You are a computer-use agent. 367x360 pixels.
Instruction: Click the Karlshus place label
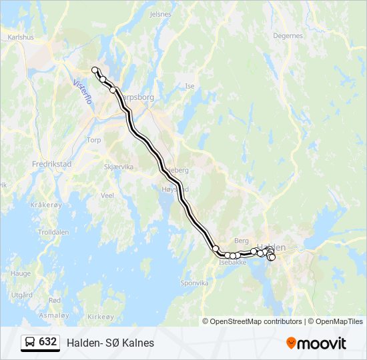(x=21, y=37)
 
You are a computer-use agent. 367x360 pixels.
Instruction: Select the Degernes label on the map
(x=288, y=36)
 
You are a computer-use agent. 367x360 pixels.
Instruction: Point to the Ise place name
(x=190, y=86)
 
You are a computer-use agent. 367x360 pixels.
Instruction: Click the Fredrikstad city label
(x=51, y=163)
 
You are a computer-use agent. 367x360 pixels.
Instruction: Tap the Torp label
(x=93, y=140)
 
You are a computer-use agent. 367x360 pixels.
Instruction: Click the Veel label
(x=107, y=195)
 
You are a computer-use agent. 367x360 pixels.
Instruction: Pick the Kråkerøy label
(x=45, y=205)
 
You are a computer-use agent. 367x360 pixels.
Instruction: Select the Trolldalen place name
(x=54, y=233)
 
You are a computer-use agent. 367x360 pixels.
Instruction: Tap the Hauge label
(x=21, y=273)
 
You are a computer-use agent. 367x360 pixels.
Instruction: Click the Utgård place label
(x=22, y=295)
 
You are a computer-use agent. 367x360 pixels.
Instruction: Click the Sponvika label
(x=195, y=283)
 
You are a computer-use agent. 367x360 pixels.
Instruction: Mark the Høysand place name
(x=174, y=189)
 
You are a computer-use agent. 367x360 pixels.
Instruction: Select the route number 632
(x=48, y=342)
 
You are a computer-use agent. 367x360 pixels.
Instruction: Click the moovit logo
(x=316, y=343)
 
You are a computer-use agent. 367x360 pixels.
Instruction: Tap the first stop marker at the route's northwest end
(x=95, y=70)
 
